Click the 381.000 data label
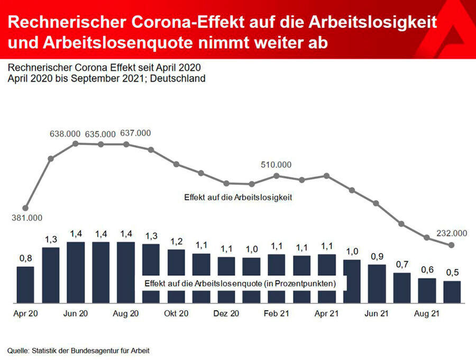[x=27, y=218]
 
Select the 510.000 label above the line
[x=276, y=165]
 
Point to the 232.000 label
[x=452, y=233]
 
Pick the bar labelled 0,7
[x=402, y=288]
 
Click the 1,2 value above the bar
[x=176, y=241]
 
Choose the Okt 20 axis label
[x=176, y=313]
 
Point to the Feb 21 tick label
[x=276, y=313]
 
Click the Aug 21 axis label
[x=427, y=313]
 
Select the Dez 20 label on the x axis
[x=226, y=313]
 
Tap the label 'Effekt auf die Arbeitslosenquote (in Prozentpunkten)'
[x=240, y=284]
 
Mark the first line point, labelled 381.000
[x=25, y=208]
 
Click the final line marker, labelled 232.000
[x=451, y=245]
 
